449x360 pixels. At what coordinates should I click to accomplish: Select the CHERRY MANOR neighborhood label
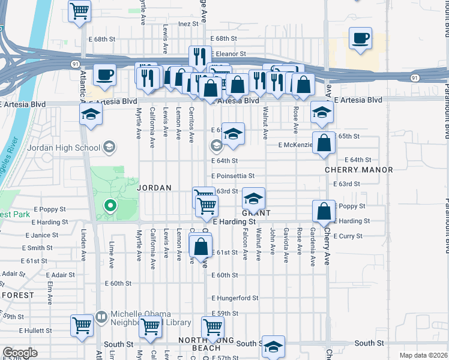pos(359,170)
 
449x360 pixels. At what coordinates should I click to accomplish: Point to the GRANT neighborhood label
pos(256,213)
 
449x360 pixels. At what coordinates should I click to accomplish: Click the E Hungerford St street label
pos(235,298)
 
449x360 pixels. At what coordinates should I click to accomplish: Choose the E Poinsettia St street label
pos(233,176)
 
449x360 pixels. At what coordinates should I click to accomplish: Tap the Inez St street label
pos(188,24)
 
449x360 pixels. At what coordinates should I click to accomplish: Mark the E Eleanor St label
pos(228,53)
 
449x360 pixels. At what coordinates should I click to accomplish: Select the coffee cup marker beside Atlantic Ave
pos(105,76)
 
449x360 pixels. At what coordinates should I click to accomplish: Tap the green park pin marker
pos(110,206)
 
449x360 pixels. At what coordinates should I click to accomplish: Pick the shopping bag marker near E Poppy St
pos(324,212)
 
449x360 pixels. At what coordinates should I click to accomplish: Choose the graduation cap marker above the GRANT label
pos(254,198)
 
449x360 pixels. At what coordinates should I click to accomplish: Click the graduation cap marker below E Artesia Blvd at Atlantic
pos(91,114)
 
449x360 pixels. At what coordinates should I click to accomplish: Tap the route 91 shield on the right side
pos(415,78)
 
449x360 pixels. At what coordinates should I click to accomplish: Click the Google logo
pos(20,353)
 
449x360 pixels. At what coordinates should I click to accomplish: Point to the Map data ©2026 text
pos(423,355)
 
